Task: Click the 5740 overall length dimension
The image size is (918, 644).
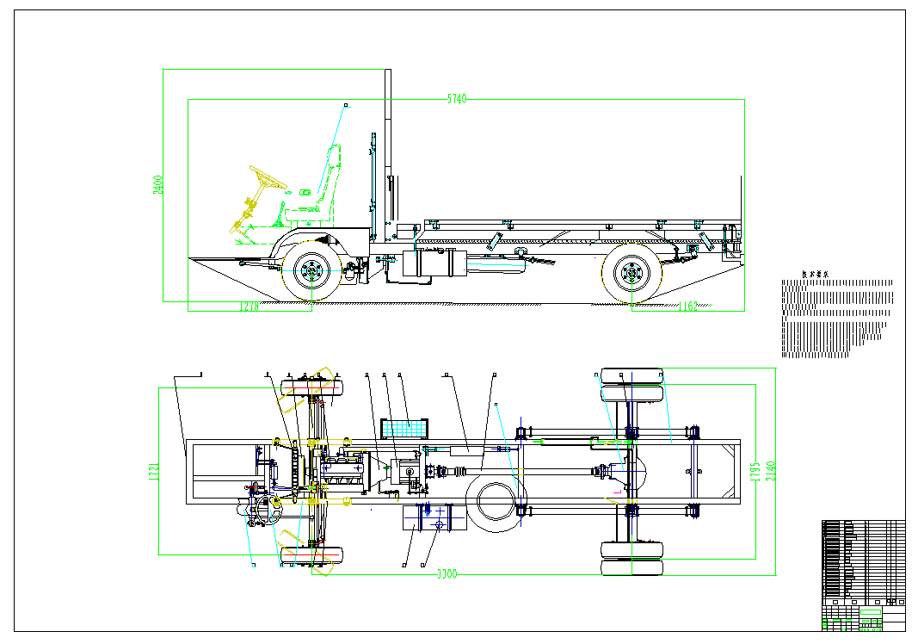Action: pos(456,99)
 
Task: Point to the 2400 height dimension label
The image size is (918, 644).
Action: pos(158,185)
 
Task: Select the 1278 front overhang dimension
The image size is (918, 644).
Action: pos(249,306)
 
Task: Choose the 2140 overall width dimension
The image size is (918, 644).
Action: pos(772,471)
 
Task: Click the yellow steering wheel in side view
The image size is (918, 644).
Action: pos(268,178)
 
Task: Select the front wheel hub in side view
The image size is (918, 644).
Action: pos(311,271)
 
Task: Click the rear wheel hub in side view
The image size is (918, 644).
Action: pos(632,275)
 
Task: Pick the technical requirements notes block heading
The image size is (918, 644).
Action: pos(815,274)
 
